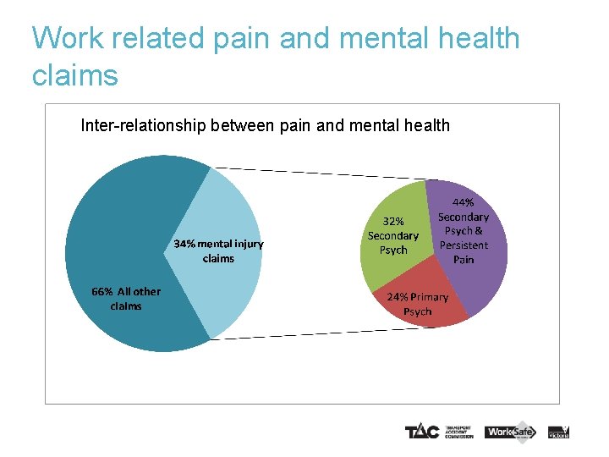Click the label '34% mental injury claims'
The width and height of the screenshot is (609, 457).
tap(218, 251)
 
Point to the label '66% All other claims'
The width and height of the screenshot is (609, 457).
tap(126, 299)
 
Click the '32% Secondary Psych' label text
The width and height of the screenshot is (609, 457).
tap(393, 236)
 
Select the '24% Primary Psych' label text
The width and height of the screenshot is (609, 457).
tap(418, 305)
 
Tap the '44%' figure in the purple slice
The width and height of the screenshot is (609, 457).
tap(464, 203)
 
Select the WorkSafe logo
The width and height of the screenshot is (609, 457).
tap(511, 432)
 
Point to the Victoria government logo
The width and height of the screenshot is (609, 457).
tap(558, 432)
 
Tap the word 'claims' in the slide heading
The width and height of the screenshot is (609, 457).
tap(74, 75)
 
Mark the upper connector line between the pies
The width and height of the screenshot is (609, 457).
tap(321, 173)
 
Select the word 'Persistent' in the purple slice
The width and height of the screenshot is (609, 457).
tap(464, 245)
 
